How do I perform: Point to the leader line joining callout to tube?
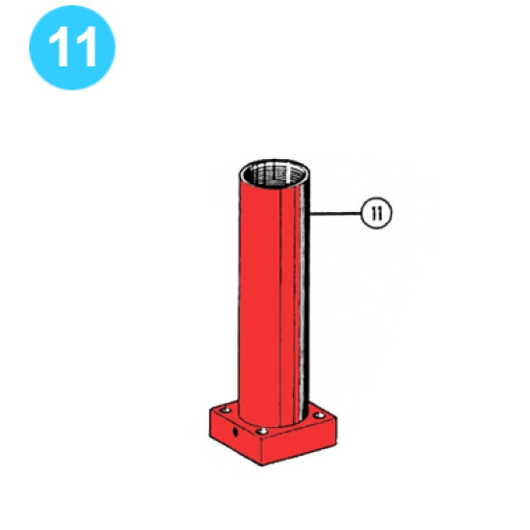(336, 211)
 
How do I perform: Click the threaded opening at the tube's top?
(276, 176)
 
